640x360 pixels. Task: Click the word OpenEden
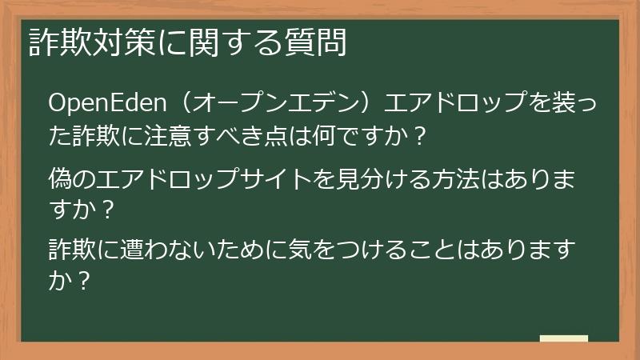(x=106, y=104)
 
